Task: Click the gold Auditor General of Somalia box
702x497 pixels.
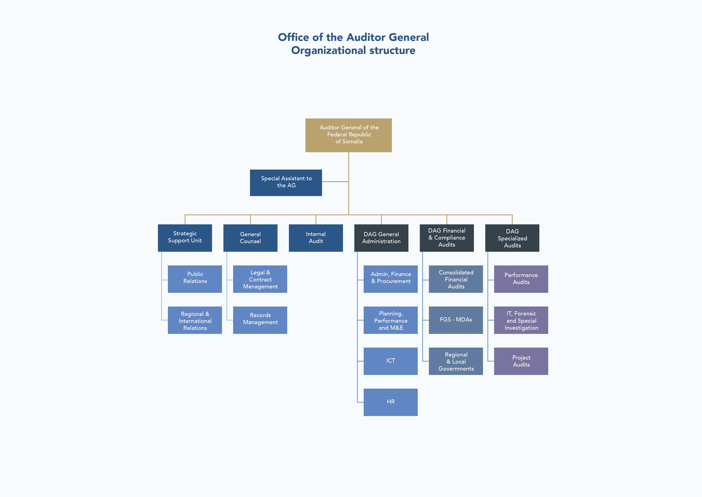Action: point(349,135)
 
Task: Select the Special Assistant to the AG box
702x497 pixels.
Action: point(286,182)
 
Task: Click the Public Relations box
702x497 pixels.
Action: point(195,279)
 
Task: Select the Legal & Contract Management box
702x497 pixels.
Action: point(260,279)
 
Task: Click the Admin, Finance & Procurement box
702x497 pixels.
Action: point(390,279)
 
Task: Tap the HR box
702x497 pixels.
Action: point(390,402)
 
